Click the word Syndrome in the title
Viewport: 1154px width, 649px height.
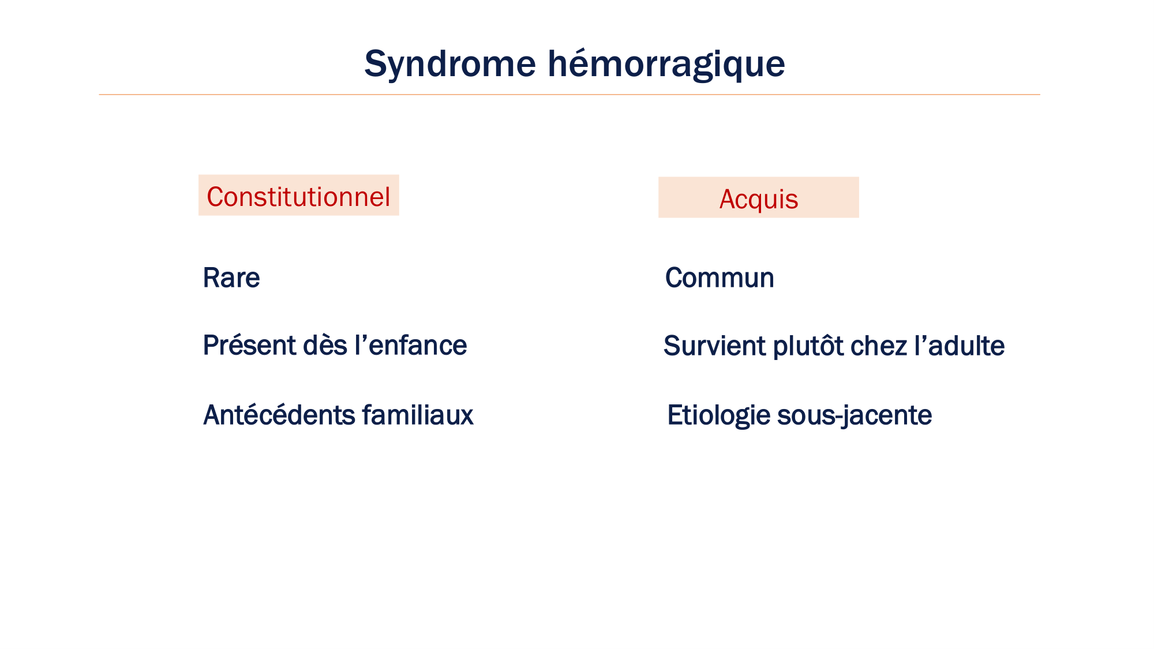[x=450, y=65]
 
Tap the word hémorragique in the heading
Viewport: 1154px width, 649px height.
[x=666, y=65]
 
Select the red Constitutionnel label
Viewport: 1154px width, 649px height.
[x=298, y=197]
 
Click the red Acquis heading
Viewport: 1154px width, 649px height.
[x=759, y=200]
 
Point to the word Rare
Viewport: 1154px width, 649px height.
[x=231, y=277]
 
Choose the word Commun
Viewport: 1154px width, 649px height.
[x=720, y=277]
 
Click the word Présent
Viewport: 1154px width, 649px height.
[x=249, y=345]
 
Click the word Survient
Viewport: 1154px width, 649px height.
[x=714, y=346]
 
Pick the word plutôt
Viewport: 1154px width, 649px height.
[x=808, y=347]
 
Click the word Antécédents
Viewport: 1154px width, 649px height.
[x=279, y=415]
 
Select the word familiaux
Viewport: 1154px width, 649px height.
[x=418, y=415]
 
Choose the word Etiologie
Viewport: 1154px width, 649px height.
[x=718, y=416]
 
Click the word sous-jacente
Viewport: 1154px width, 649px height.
[x=855, y=416]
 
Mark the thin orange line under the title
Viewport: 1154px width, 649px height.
[x=569, y=94]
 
